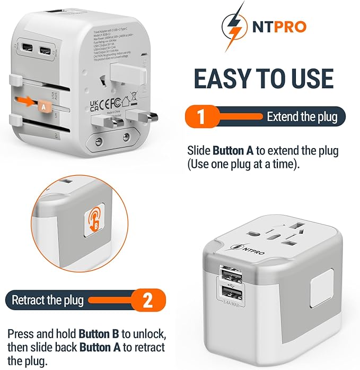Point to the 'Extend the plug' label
click(302, 117)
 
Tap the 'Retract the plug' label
click(48, 300)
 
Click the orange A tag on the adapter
click(42, 106)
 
